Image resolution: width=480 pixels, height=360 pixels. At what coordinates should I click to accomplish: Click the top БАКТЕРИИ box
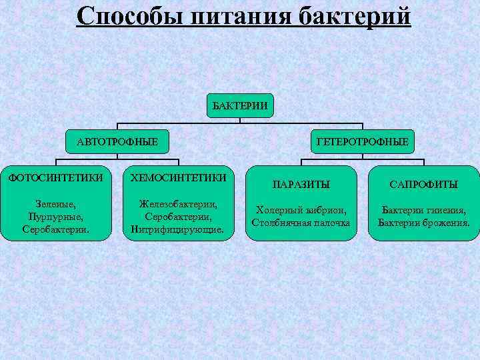pos(240,105)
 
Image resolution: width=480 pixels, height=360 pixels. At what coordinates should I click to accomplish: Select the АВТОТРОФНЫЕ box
pos(117,142)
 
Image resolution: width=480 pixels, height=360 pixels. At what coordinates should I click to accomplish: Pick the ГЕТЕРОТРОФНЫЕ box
pos(363,142)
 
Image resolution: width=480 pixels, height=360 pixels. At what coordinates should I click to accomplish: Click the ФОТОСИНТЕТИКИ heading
pos(55,178)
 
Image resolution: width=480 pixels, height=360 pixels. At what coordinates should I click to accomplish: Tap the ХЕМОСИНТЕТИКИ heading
pos(179,178)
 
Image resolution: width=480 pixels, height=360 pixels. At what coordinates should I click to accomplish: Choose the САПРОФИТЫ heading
pos(424,183)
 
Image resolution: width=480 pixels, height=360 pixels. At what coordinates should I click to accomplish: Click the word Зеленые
pos(55,205)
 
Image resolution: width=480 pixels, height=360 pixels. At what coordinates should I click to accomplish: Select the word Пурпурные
pos(55,217)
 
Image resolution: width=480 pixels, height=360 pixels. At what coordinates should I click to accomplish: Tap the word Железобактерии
pos(179,205)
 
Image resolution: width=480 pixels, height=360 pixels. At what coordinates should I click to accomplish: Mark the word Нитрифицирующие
pos(179,229)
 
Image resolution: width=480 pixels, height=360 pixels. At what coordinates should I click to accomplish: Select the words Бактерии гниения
pos(424,210)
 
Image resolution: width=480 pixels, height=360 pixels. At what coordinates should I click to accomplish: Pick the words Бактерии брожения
pos(424,223)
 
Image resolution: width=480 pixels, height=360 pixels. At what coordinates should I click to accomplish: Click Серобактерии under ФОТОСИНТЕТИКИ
pos(55,229)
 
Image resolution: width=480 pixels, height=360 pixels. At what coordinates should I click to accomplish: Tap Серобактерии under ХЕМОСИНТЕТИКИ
pos(179,217)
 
